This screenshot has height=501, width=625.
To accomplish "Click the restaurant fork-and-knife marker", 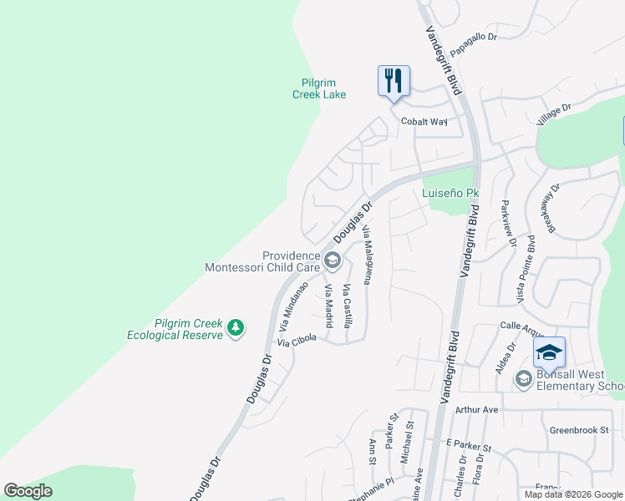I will point(394,81).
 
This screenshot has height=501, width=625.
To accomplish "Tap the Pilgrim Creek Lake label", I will point(318,89).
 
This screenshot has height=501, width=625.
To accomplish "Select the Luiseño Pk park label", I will point(450,193).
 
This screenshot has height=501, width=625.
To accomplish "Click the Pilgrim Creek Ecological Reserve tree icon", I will point(236,327).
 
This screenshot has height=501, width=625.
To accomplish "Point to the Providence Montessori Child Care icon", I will point(332,261).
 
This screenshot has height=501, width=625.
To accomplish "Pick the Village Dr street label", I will point(553,114).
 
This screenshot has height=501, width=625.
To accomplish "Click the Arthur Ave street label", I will point(476,410).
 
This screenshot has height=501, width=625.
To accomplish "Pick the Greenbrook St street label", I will point(578,431).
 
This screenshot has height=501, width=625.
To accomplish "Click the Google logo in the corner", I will point(28,491).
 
